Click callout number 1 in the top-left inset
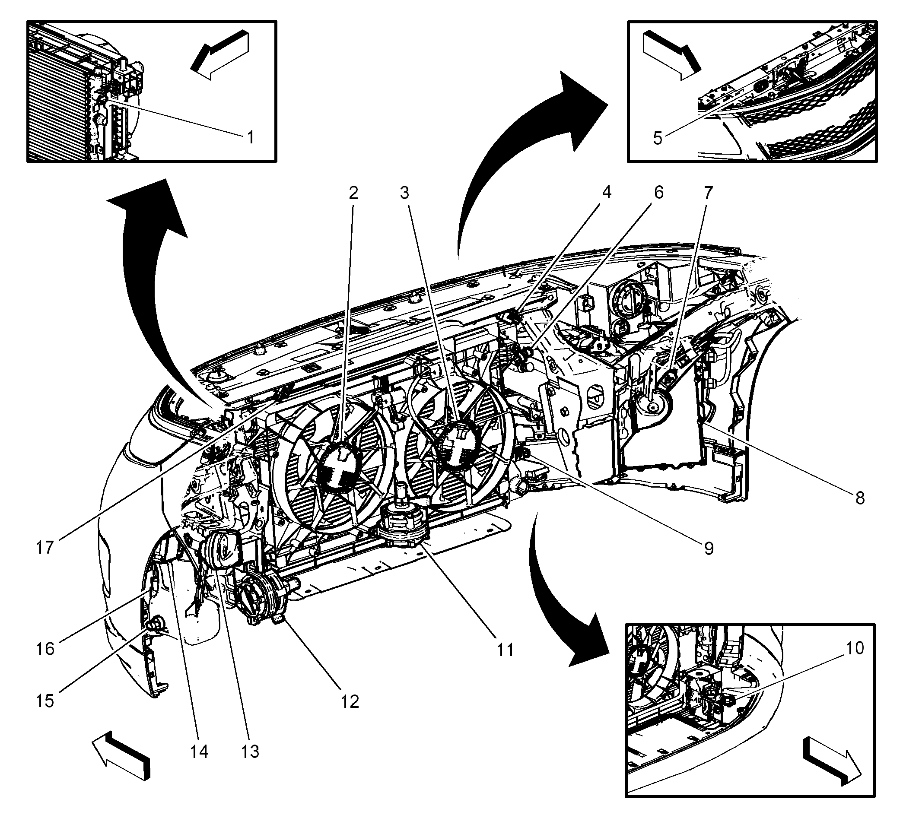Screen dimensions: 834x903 point(250,137)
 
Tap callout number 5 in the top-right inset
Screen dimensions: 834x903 point(658,138)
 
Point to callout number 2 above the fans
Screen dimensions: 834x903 point(353,193)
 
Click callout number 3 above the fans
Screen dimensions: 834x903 point(404,193)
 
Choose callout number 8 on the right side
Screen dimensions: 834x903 point(860,498)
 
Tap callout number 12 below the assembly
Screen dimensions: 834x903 point(350,702)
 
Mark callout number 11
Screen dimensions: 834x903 point(505,650)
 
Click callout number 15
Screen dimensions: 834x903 point(45,701)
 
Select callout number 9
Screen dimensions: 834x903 point(709,549)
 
